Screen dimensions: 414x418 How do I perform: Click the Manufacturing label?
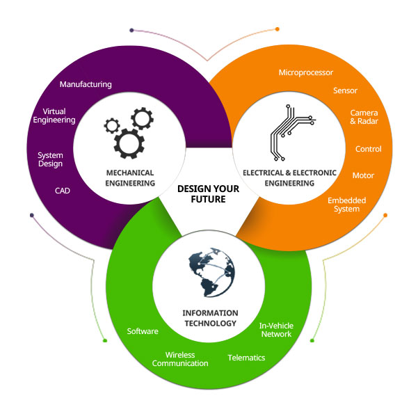click(x=86, y=84)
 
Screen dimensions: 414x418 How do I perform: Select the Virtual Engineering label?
click(x=58, y=116)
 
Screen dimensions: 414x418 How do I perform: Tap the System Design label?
click(x=50, y=159)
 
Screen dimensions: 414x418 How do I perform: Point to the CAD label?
click(x=63, y=190)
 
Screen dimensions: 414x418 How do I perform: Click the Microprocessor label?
click(x=306, y=72)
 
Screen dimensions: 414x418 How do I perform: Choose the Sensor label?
click(x=346, y=90)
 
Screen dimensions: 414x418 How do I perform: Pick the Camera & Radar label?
click(x=364, y=117)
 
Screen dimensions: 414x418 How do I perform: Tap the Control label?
click(x=369, y=149)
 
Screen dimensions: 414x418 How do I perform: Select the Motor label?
click(x=364, y=175)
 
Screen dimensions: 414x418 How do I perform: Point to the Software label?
click(x=143, y=331)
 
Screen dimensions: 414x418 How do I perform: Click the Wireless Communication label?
click(x=180, y=359)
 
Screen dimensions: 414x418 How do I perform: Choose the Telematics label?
click(x=247, y=358)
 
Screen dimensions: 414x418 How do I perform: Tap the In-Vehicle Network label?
click(x=275, y=330)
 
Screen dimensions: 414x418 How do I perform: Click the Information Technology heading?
click(x=209, y=318)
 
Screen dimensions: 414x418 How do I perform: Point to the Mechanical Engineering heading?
click(x=130, y=177)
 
